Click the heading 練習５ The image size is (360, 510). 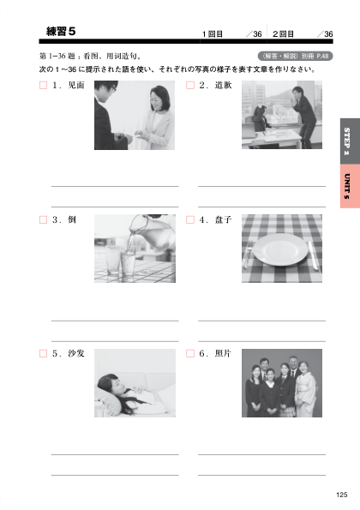click(x=61, y=32)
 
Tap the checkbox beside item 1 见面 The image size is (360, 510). click(x=43, y=85)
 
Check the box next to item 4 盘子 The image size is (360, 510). click(x=190, y=220)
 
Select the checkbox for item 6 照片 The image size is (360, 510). click(x=190, y=353)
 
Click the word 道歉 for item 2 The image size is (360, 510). click(x=223, y=85)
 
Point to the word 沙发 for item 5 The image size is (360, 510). click(x=76, y=353)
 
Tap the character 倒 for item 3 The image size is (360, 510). click(x=72, y=219)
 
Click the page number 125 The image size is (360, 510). click(x=342, y=495)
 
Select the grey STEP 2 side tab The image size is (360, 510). click(x=350, y=141)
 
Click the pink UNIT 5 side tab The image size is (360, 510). click(x=350, y=186)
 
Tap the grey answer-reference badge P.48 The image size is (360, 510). click(x=295, y=56)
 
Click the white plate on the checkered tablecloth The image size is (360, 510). click(x=280, y=249)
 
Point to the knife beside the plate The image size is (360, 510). click(x=313, y=255)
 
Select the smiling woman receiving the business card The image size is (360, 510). click(x=158, y=117)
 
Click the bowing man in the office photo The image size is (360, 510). click(x=303, y=114)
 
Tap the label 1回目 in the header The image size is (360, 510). click(x=213, y=34)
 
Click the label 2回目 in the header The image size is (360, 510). click(x=283, y=34)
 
